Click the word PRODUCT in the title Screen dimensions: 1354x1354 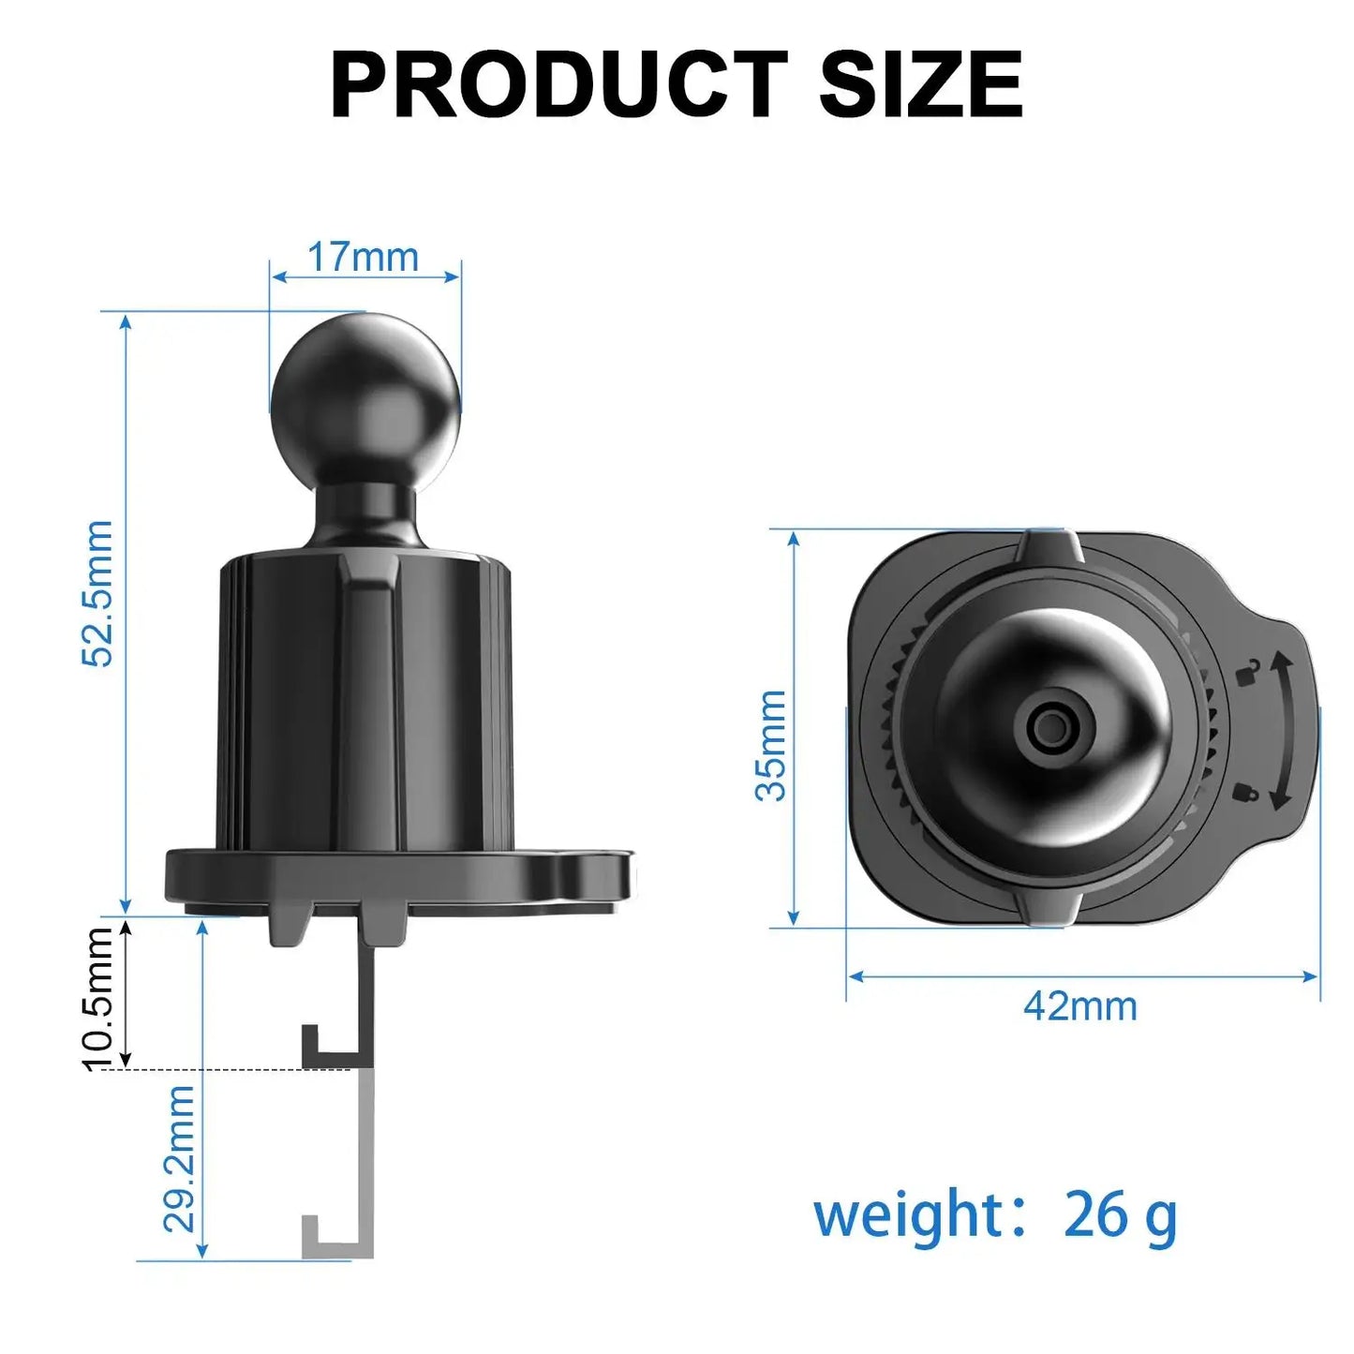click(558, 85)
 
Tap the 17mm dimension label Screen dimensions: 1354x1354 click(363, 258)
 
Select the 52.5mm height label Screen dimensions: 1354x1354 click(97, 593)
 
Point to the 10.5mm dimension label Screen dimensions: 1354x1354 click(97, 998)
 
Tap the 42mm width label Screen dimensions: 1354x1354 click(1079, 1006)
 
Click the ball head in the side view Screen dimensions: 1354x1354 click(365, 398)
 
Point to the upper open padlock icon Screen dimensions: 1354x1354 click(1247, 672)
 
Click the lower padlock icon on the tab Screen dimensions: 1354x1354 click(1245, 793)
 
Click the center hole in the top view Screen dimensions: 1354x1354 click(1050, 727)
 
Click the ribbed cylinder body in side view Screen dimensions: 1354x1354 click(365, 703)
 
